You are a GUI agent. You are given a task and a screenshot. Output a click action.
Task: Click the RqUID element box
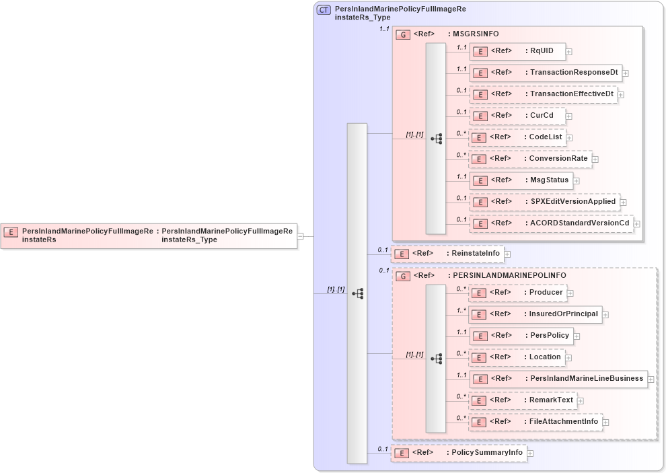click(517, 51)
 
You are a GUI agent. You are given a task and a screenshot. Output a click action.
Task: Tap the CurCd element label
click(542, 116)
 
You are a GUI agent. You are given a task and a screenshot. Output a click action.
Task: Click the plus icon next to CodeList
click(569, 138)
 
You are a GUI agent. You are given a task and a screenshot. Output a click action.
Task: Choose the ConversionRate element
click(530, 159)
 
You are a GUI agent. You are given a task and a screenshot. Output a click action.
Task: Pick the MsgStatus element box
click(521, 180)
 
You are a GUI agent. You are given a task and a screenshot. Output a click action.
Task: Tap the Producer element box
click(517, 293)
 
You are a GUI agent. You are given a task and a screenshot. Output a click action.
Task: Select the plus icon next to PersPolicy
click(577, 336)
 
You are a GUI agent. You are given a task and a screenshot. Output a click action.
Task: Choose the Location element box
click(516, 357)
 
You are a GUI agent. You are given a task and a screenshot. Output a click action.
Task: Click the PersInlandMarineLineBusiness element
click(558, 379)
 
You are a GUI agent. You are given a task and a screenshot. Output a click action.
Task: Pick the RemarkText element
click(522, 400)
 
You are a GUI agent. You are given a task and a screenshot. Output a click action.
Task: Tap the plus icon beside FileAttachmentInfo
click(605, 423)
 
